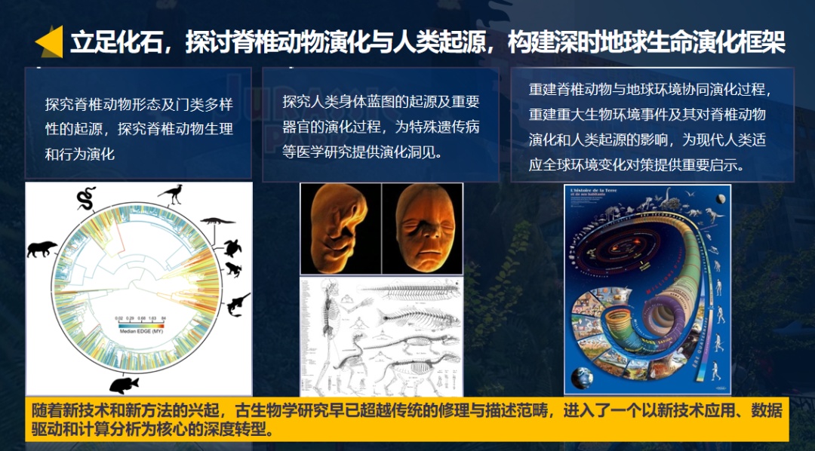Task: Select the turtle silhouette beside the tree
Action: tap(232, 248)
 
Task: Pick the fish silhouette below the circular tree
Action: tap(123, 385)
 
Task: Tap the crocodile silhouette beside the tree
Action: tap(217, 222)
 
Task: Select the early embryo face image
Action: tap(340, 229)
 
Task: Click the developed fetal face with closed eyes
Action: tap(422, 229)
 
